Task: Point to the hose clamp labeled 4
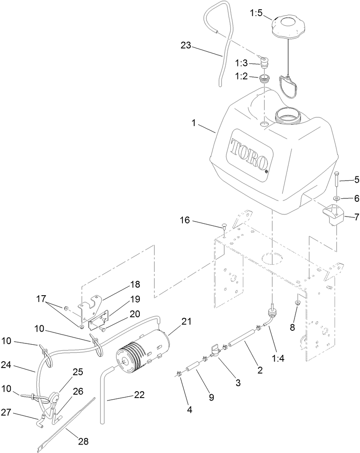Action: [179, 373]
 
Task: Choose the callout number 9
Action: [211, 397]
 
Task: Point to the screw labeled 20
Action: [102, 329]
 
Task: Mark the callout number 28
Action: [83, 441]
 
